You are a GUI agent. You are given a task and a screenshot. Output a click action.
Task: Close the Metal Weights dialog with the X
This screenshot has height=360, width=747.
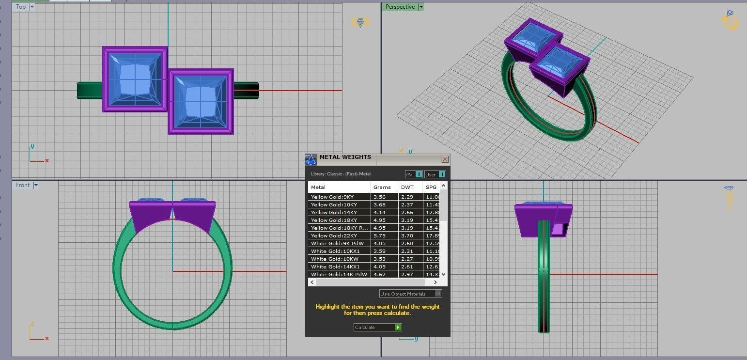click(445, 159)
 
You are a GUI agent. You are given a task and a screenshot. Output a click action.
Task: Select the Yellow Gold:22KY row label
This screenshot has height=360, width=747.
click(334, 235)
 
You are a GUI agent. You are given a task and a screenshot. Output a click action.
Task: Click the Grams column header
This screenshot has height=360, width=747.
click(382, 187)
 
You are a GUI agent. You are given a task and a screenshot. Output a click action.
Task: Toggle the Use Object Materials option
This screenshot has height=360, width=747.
click(438, 294)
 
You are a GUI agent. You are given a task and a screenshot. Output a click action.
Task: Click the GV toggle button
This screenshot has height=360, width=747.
click(414, 174)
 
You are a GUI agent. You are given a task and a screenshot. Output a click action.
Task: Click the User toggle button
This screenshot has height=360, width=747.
click(435, 174)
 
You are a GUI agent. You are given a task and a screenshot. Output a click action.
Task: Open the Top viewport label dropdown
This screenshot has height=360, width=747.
click(32, 7)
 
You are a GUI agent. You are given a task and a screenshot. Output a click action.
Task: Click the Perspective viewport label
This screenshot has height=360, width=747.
click(400, 7)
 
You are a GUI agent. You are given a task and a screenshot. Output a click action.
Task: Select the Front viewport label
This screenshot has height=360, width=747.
click(23, 185)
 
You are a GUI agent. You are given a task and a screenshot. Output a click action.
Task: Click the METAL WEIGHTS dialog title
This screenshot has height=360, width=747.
click(345, 157)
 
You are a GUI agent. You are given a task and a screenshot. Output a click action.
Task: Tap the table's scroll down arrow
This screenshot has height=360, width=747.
click(444, 274)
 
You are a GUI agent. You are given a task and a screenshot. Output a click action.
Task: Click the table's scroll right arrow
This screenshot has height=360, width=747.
click(435, 282)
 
